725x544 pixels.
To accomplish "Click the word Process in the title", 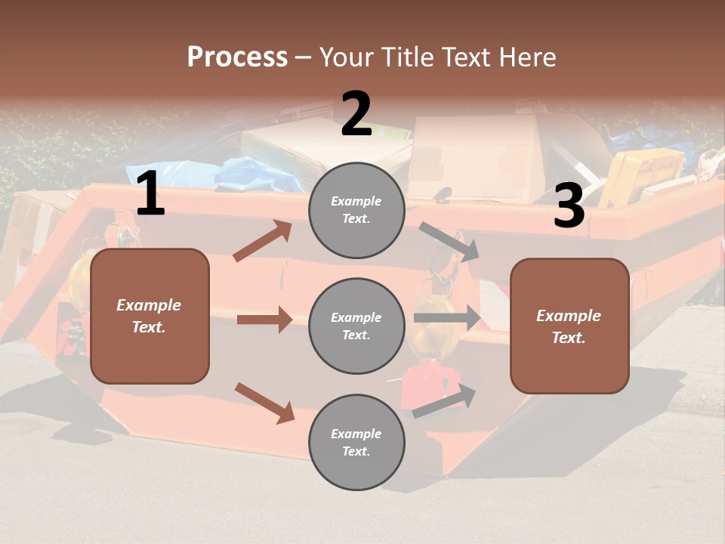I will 237,57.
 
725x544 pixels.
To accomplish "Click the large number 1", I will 150,194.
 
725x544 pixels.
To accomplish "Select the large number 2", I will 356,114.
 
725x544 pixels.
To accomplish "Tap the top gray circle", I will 356,210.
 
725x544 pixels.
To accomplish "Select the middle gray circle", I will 356,326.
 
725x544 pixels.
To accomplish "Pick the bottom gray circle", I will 356,442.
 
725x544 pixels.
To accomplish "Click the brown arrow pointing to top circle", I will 263,241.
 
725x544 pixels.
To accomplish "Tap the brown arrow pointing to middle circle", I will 264,320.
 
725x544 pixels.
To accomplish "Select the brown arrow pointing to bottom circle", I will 264,402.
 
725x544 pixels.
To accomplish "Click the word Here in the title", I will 526,57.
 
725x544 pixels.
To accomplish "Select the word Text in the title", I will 467,57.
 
